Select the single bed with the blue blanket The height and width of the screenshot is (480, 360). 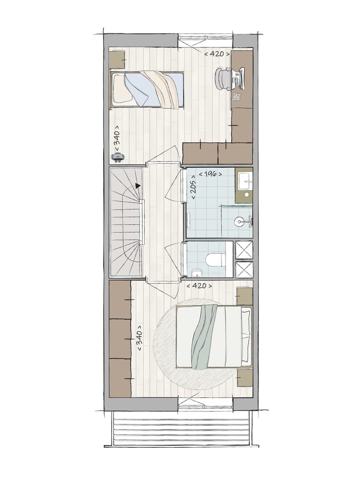(x=147, y=89)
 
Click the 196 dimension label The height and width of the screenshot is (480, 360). (x=210, y=174)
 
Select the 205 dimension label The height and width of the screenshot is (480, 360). (x=193, y=187)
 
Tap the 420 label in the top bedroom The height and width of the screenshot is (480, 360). (x=217, y=54)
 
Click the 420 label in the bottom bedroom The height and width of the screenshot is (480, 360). (x=199, y=286)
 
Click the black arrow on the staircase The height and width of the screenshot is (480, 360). (x=138, y=185)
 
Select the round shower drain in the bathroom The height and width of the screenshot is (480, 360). (x=239, y=221)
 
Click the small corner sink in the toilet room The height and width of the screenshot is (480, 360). (x=195, y=272)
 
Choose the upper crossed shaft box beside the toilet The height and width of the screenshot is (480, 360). (x=244, y=250)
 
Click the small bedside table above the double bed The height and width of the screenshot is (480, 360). (x=244, y=296)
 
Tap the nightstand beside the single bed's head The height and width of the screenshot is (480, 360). (x=117, y=59)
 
